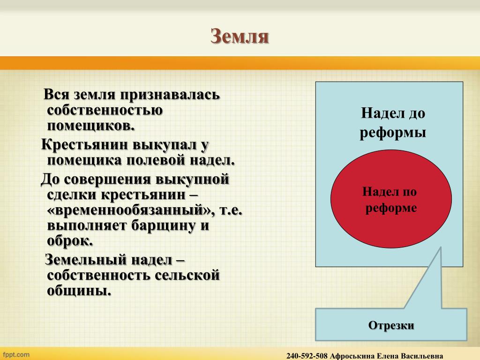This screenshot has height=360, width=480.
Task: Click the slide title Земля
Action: pos(240,36)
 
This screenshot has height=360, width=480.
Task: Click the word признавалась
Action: pos(170,95)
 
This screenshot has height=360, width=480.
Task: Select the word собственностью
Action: pos(105,110)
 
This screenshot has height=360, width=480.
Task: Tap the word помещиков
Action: pos(90,126)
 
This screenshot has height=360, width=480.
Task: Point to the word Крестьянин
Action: pos(84,144)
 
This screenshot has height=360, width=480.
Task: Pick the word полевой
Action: pos(156,160)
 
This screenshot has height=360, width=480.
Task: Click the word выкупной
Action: pos(192,180)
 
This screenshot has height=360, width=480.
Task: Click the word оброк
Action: pos(70,241)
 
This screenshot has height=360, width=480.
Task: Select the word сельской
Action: pos(187,275)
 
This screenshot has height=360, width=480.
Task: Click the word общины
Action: pos(79,291)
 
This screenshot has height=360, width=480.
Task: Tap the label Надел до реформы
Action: pos(393,123)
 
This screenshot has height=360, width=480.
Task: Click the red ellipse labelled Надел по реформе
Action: pos(391,199)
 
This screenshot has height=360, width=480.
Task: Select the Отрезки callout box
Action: pos(391,324)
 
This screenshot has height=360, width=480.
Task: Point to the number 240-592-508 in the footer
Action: pos(307,356)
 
